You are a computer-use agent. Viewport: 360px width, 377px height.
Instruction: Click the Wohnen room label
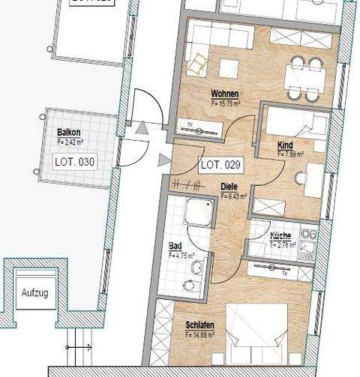click(x=225, y=94)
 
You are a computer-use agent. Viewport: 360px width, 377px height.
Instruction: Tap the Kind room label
click(x=286, y=148)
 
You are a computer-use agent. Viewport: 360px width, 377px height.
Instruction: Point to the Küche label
click(x=281, y=237)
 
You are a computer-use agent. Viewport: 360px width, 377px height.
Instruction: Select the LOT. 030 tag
click(x=75, y=160)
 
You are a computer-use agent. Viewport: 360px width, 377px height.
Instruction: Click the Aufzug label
click(x=34, y=292)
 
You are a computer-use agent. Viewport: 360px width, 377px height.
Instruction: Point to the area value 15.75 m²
click(x=226, y=102)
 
